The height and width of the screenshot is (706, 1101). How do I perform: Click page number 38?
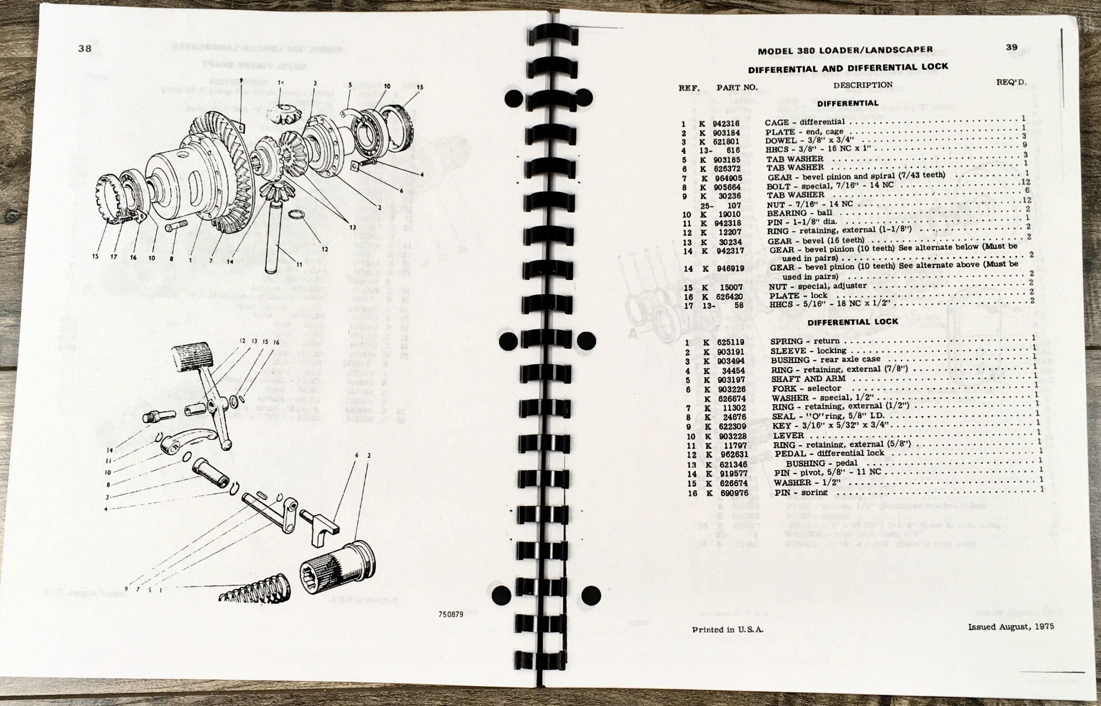[x=84, y=48]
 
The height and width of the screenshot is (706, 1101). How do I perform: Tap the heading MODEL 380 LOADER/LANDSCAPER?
[x=845, y=50]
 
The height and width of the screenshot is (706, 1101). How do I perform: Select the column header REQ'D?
[x=1011, y=83]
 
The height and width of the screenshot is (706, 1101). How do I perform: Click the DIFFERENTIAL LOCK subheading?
[x=852, y=322]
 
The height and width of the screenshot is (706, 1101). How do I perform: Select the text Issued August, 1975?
[x=1011, y=627]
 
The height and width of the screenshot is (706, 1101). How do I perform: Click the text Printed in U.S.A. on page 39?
[x=728, y=630]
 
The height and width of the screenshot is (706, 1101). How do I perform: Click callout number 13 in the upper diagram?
[x=352, y=227]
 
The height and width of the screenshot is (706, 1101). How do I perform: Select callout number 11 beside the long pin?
[x=298, y=265]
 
